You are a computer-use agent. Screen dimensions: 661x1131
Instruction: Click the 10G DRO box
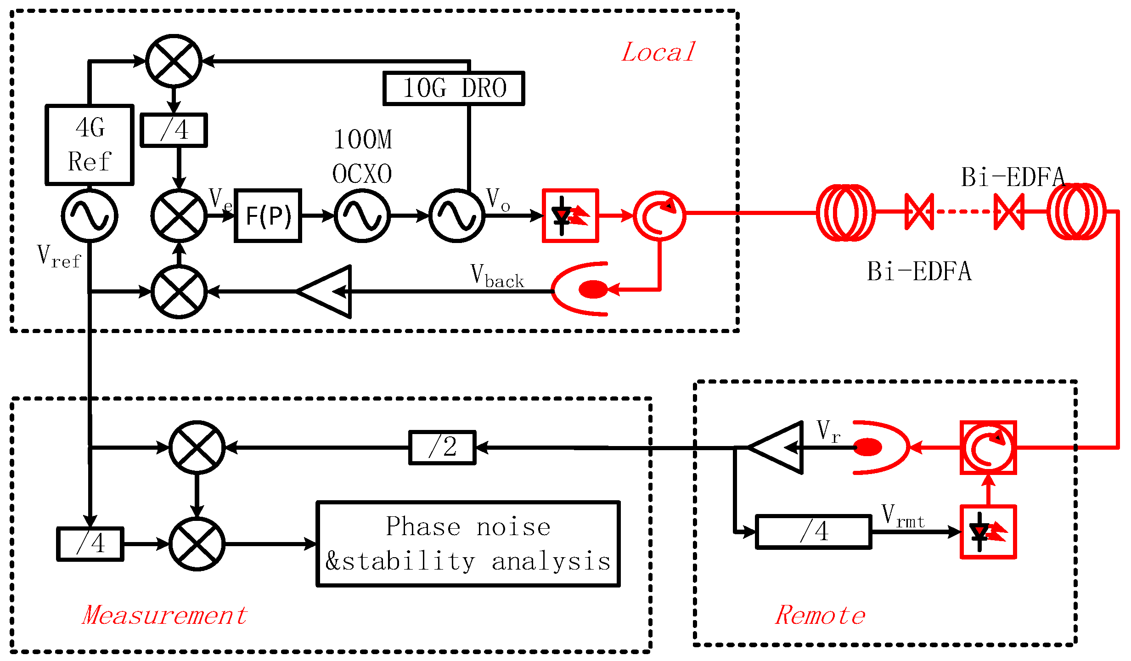click(454, 88)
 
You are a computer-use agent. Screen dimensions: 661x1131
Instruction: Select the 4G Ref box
click(90, 145)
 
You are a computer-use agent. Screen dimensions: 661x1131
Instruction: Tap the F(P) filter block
click(268, 215)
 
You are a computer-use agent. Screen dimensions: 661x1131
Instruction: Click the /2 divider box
click(442, 447)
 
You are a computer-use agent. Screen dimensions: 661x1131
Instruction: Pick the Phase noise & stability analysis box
click(468, 544)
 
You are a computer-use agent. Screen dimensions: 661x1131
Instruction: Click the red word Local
click(658, 52)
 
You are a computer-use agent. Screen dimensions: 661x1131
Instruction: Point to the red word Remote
click(820, 615)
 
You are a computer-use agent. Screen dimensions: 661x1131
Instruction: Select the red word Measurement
click(165, 615)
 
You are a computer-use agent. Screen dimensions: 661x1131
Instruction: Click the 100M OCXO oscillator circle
click(362, 215)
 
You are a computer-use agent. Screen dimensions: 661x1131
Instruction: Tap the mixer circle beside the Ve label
click(179, 215)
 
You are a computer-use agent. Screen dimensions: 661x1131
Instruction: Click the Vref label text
click(59, 256)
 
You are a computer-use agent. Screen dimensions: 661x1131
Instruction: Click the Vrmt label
click(902, 516)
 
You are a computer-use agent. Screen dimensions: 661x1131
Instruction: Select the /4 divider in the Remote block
click(813, 532)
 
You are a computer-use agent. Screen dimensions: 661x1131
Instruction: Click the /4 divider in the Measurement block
click(90, 544)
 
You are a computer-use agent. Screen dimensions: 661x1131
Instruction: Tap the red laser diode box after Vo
click(570, 215)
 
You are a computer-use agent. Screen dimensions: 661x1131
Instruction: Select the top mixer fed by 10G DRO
click(174, 61)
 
